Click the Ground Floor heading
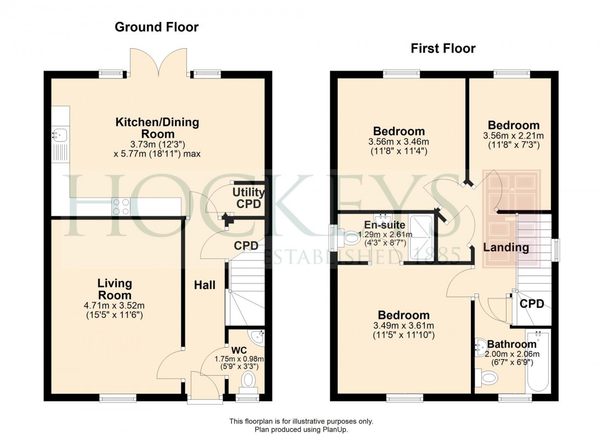click(156, 27)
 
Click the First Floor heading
click(443, 49)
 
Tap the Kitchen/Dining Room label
click(157, 128)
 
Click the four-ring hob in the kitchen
click(121, 206)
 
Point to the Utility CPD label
click(248, 198)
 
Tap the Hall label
click(204, 285)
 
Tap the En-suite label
click(385, 224)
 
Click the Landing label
click(505, 247)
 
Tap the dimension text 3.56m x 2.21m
click(514, 136)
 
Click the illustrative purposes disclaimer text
click(301, 421)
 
